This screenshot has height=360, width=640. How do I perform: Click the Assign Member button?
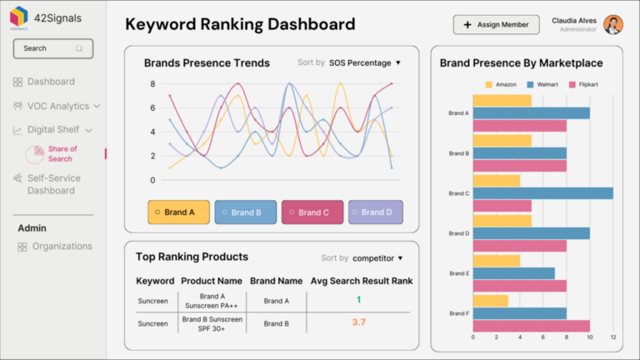[x=496, y=25]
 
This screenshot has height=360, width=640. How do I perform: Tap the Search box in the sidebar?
[x=52, y=48]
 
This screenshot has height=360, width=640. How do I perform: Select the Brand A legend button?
[x=177, y=212]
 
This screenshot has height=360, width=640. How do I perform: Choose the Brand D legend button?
[x=375, y=212]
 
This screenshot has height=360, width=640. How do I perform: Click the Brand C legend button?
[x=312, y=212]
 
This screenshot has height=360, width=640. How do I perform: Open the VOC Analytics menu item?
[x=57, y=106]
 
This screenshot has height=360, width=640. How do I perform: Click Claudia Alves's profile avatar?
[x=613, y=24]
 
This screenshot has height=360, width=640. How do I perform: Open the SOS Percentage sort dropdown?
[x=364, y=62]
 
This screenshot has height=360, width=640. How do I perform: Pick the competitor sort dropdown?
[x=377, y=258]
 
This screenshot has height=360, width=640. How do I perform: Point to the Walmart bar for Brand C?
[x=542, y=193]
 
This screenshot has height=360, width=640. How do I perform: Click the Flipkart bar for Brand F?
[x=531, y=326]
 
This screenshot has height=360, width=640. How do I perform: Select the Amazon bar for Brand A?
[x=502, y=101]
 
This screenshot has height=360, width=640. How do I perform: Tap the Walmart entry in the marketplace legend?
[x=545, y=84]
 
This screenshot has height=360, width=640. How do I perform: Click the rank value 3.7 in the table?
[x=358, y=322]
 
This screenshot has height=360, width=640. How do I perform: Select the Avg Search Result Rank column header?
[x=361, y=281]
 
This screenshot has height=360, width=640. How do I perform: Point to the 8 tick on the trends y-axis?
[x=152, y=84]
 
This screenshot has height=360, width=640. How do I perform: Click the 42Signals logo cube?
[x=17, y=17]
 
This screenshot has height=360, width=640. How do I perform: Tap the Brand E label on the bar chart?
[x=458, y=273]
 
